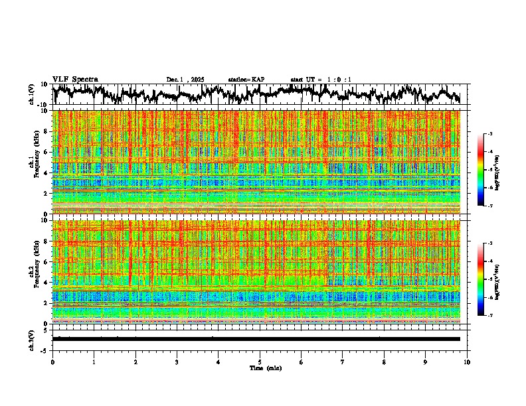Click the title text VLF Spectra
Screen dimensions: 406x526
(x=75, y=79)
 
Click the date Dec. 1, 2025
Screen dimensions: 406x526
(x=185, y=80)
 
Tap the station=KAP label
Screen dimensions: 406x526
(x=246, y=80)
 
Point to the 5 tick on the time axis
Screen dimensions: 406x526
(x=260, y=362)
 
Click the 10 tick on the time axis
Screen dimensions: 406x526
(x=467, y=362)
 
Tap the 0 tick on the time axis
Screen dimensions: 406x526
(x=52, y=362)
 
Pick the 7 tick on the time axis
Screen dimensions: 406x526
(x=343, y=362)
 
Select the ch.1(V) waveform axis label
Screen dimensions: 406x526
(x=33, y=94)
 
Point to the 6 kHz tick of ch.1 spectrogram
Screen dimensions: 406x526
(x=46, y=152)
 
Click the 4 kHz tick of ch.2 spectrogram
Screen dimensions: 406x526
(x=46, y=283)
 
